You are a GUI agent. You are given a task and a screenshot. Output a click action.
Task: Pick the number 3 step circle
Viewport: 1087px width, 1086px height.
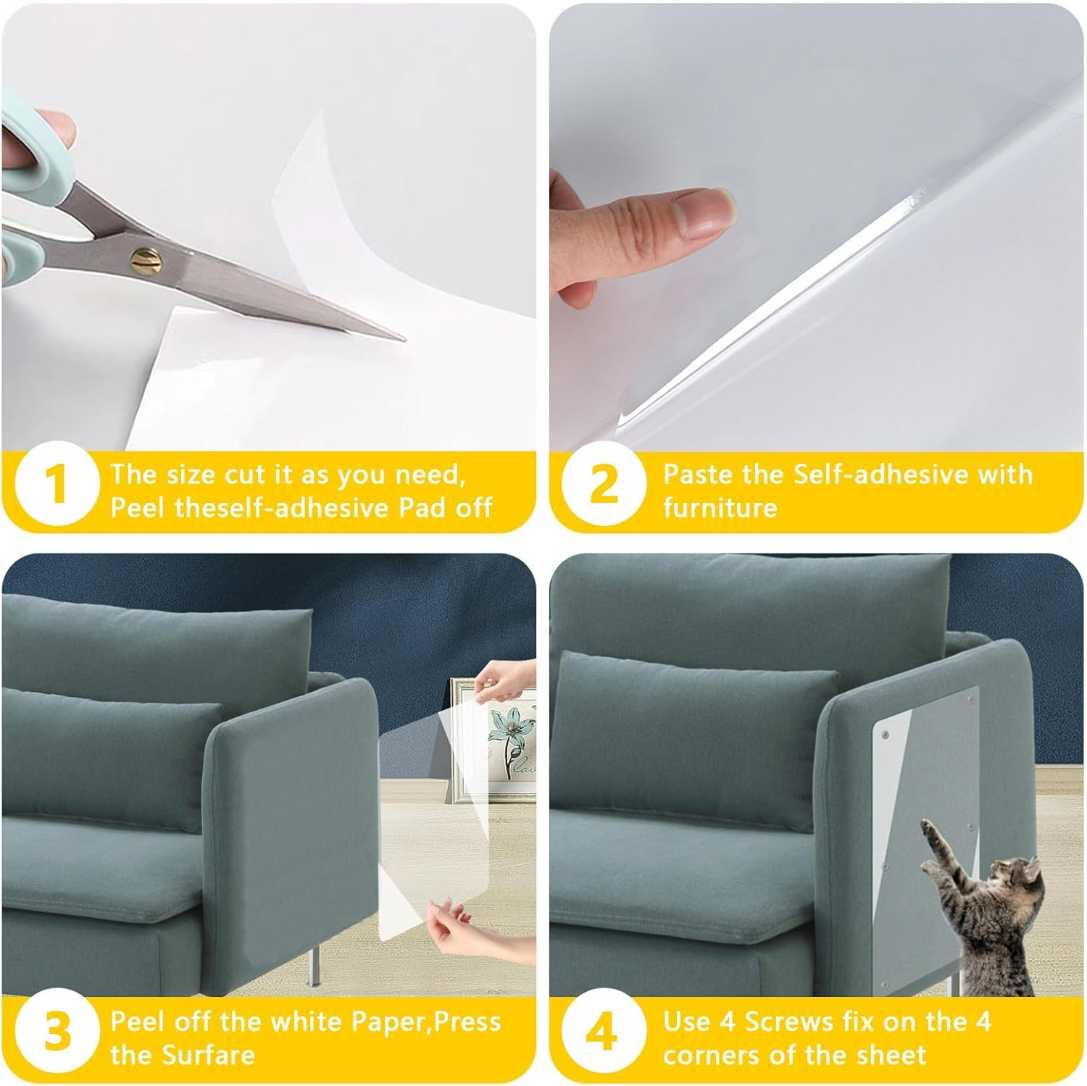click(x=57, y=1033)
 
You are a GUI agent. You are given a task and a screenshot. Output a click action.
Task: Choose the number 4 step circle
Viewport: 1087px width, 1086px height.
click(x=603, y=1033)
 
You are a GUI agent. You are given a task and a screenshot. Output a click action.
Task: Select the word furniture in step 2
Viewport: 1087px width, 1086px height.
click(x=720, y=507)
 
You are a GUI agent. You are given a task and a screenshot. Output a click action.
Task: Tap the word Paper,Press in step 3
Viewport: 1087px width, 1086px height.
click(x=425, y=1022)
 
